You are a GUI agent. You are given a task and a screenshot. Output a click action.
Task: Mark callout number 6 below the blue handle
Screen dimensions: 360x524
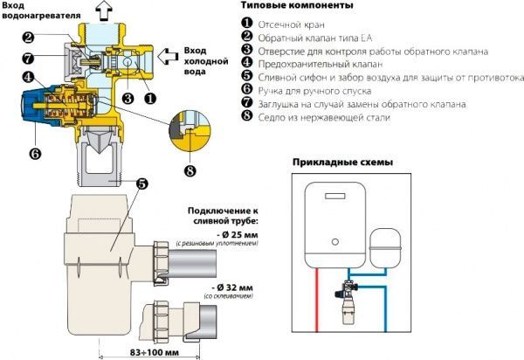(35, 154)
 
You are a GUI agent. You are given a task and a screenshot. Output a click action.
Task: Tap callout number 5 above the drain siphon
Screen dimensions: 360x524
(141, 184)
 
